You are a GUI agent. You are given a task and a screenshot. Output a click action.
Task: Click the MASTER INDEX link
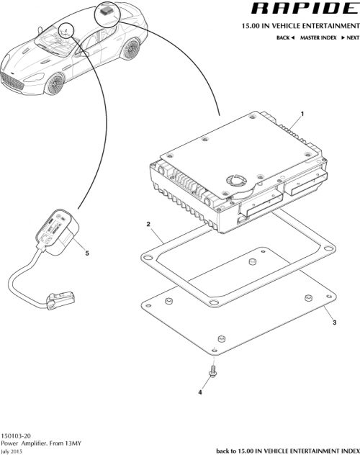tap(318, 37)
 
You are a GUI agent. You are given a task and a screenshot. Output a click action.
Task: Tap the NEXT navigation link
tap(349, 37)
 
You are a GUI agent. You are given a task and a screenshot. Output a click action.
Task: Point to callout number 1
tap(302, 114)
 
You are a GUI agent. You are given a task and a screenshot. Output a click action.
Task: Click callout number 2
tap(148, 225)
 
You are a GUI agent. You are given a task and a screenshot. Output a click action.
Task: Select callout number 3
tap(333, 324)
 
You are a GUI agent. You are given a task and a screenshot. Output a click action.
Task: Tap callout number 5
tap(87, 253)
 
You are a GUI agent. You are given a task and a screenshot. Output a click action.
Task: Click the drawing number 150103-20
tap(15, 435)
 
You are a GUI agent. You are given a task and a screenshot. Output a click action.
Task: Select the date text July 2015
tap(13, 451)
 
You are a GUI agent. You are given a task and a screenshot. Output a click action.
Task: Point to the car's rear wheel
tap(131, 50)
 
